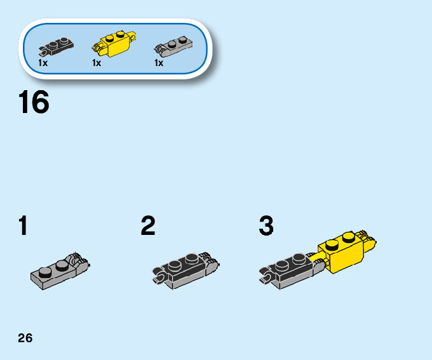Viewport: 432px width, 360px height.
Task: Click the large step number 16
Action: point(34,103)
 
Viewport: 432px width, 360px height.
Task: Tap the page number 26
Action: point(25,338)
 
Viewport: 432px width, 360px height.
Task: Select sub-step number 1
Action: point(24,227)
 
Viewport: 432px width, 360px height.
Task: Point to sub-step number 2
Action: point(148,227)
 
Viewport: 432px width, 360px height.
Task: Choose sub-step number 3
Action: point(266,227)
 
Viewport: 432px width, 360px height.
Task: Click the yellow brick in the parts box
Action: point(116,43)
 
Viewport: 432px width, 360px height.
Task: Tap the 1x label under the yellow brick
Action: point(97,63)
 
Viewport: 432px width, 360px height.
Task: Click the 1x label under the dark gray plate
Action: point(43,63)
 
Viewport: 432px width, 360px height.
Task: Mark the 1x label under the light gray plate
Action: point(159,63)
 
